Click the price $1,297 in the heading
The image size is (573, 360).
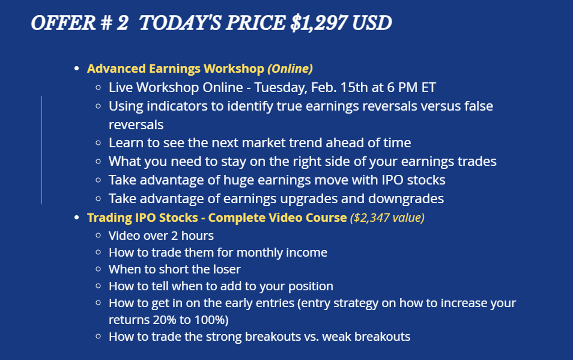click(319, 23)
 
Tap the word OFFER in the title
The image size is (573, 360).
click(63, 23)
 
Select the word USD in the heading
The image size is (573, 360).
click(372, 23)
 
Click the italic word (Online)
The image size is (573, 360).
click(290, 69)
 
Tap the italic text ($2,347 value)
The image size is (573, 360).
click(387, 218)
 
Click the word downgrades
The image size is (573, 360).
click(406, 199)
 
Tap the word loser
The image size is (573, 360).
click(226, 269)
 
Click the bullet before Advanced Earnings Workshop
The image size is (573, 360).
click(76, 69)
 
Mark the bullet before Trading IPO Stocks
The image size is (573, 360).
click(76, 218)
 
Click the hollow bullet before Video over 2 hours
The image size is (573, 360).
click(98, 236)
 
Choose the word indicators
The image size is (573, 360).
click(178, 106)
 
